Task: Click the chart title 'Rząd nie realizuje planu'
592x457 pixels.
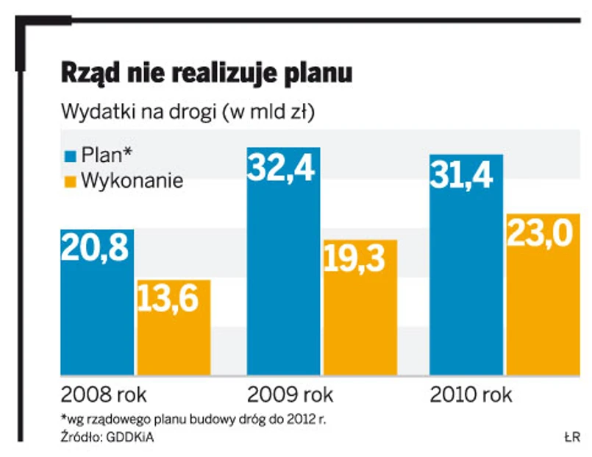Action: coord(207,74)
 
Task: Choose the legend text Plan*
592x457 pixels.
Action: coord(106,155)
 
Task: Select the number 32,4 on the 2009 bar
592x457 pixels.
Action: coord(282,169)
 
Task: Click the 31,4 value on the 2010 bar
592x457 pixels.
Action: coord(465,175)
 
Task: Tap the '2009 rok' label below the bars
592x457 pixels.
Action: coord(290,394)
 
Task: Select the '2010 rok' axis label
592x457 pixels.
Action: coord(471,394)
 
